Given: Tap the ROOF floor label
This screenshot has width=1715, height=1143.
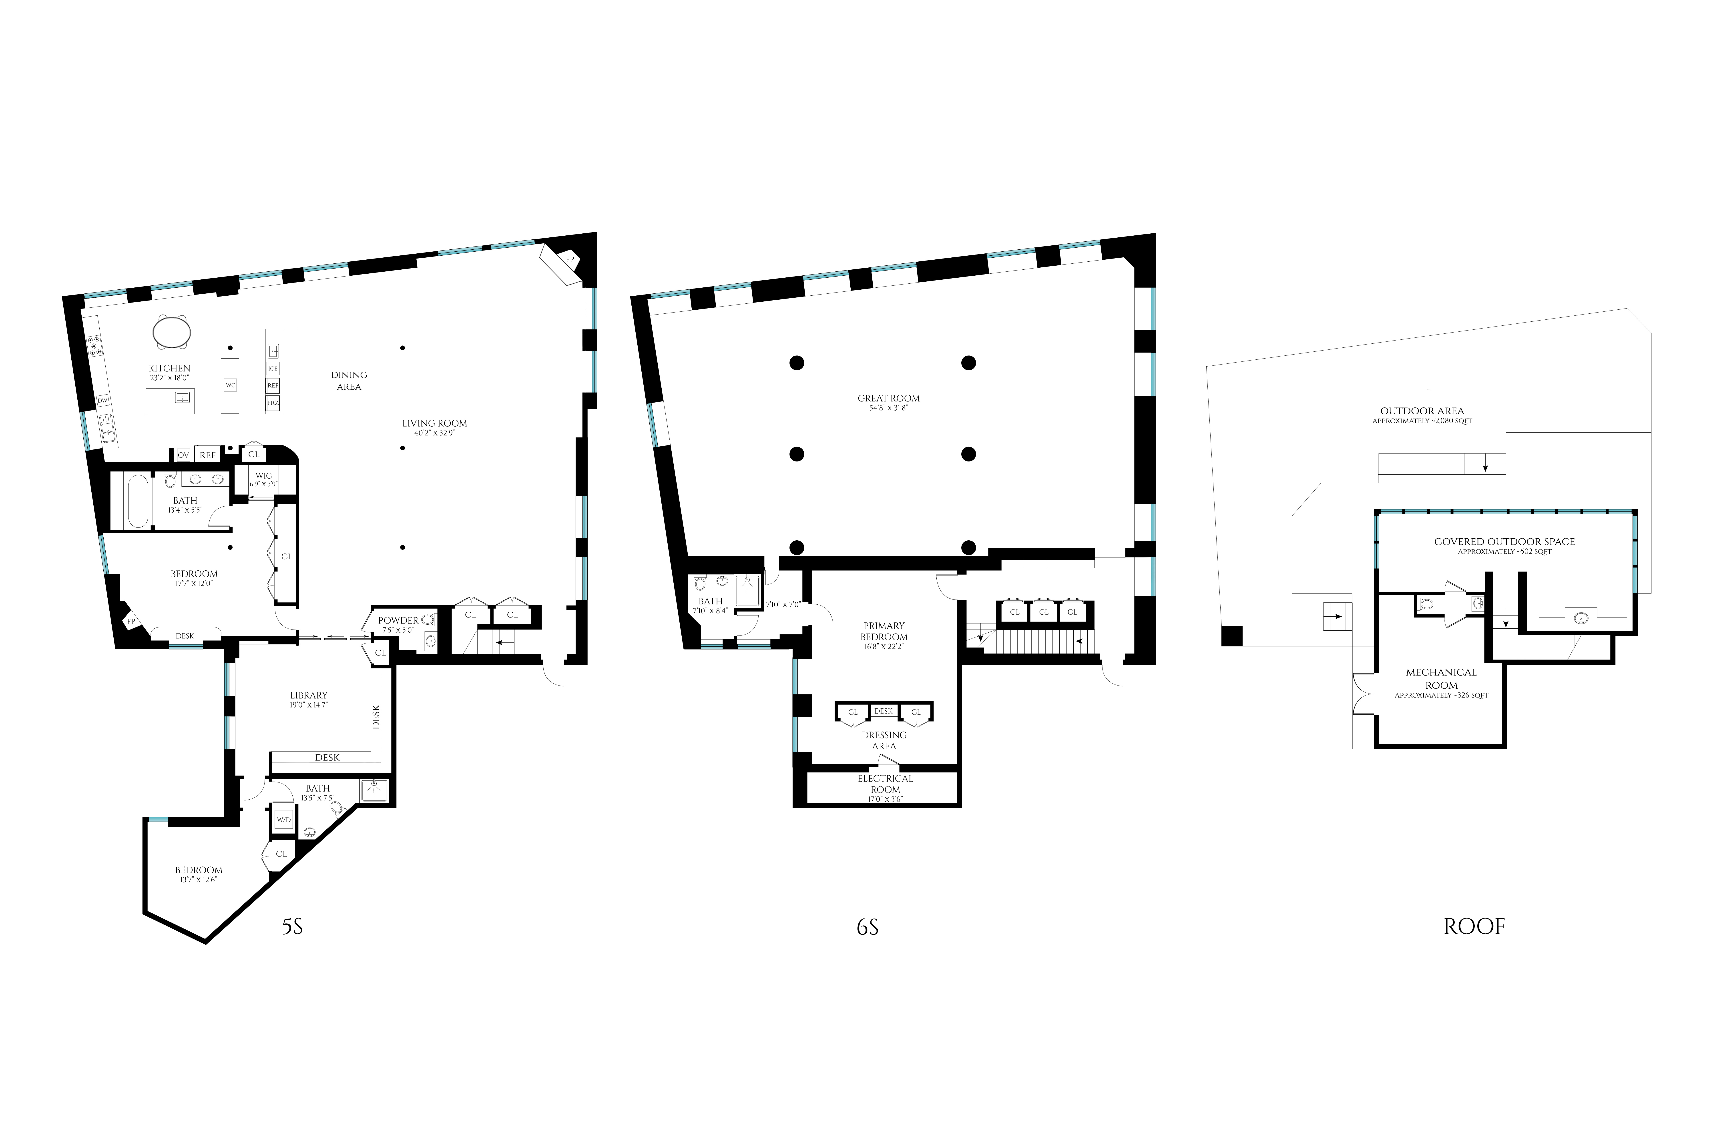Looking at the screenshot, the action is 1474,926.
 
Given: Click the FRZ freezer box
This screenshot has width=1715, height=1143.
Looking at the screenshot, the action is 273,402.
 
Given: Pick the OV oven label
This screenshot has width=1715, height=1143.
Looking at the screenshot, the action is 183,455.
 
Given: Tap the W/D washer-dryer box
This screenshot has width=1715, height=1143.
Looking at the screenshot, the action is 283,819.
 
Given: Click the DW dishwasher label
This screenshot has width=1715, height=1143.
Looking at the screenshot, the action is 103,400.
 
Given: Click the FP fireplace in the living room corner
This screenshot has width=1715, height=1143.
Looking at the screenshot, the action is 563,263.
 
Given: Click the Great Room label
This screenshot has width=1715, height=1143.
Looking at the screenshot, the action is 888,398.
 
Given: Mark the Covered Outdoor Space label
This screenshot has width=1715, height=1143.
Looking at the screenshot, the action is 1504,542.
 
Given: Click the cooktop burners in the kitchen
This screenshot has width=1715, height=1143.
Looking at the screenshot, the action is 93,346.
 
